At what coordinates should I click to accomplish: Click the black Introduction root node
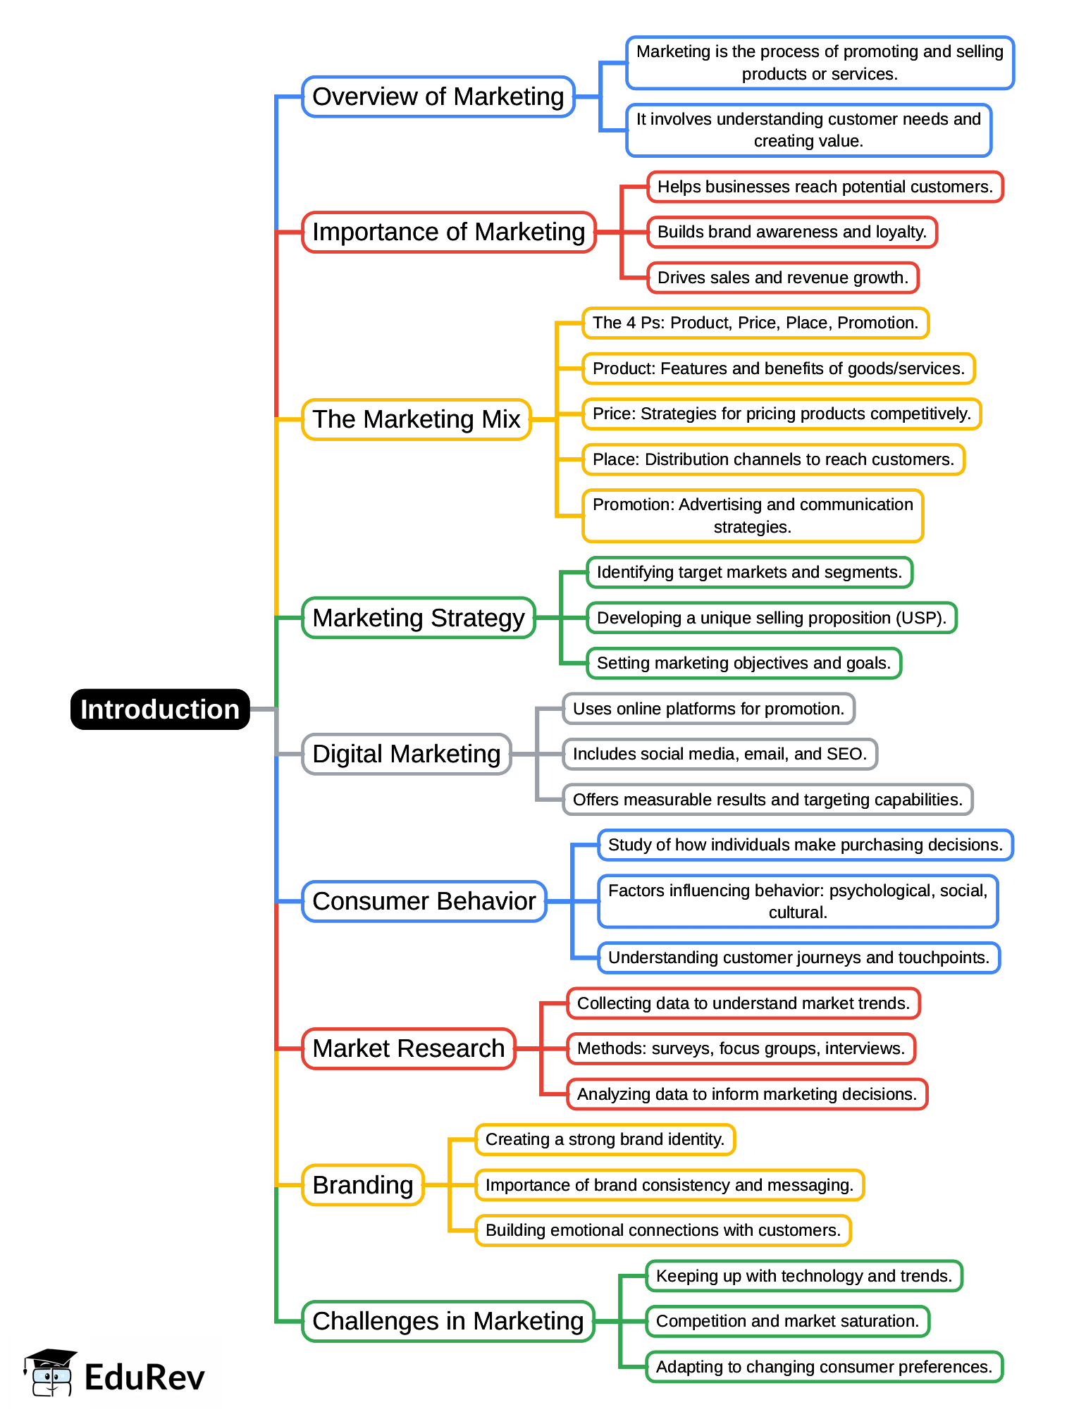160,709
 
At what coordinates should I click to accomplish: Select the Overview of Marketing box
438,97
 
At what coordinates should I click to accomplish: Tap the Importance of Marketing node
448,232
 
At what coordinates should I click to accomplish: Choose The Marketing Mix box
416,419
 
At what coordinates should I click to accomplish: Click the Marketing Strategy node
418,618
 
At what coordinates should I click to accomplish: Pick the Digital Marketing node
406,754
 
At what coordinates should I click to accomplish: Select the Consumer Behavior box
424,901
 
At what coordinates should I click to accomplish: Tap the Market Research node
408,1048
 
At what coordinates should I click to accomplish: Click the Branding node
362,1185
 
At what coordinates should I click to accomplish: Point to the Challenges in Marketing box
448,1321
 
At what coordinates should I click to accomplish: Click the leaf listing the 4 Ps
755,323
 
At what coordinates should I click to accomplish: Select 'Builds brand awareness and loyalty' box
791,232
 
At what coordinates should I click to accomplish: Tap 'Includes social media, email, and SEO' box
719,754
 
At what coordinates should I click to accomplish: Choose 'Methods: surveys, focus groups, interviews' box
740,1048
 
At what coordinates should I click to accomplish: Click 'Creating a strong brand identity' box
605,1139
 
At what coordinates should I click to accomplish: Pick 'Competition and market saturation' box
787,1321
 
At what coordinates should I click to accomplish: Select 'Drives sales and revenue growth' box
782,278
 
